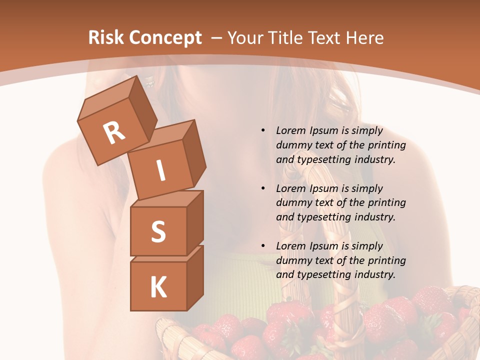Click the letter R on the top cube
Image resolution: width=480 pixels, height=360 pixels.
[x=114, y=132]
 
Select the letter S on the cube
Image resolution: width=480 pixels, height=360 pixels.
[x=158, y=231]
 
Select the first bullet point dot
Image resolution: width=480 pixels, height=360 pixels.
[x=263, y=130]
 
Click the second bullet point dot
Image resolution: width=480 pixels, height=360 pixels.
[x=263, y=188]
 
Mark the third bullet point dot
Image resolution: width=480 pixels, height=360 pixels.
[x=263, y=246]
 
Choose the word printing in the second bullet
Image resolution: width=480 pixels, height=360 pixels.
[x=386, y=203]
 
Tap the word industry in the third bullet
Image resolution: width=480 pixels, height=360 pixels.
[x=374, y=274]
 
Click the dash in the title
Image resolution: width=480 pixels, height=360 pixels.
[x=217, y=38]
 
